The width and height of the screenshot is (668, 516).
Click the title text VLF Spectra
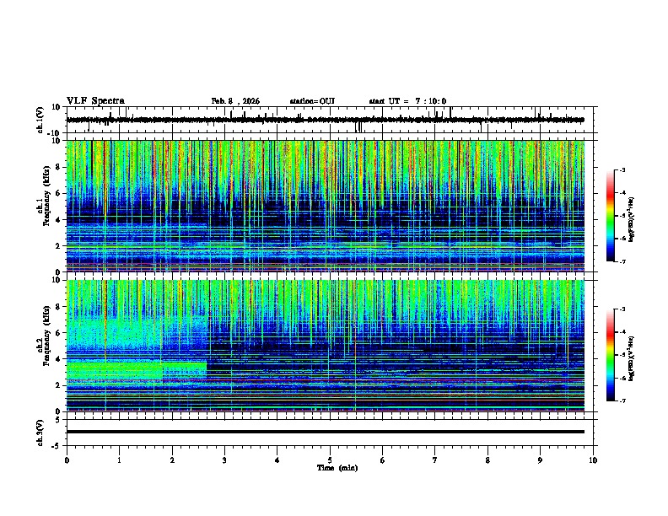click(95, 100)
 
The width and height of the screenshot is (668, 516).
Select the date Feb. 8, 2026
click(235, 101)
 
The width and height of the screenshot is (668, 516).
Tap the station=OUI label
click(312, 101)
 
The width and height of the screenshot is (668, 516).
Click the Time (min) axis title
click(337, 467)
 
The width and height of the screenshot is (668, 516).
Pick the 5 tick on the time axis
click(330, 460)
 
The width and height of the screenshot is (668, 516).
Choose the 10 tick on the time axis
click(593, 460)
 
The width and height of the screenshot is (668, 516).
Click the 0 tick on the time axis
click(67, 460)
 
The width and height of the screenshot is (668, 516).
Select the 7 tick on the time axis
click(435, 460)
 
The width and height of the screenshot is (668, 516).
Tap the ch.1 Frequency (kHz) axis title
click(44, 202)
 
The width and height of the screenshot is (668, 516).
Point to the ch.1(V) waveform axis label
click(40, 121)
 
